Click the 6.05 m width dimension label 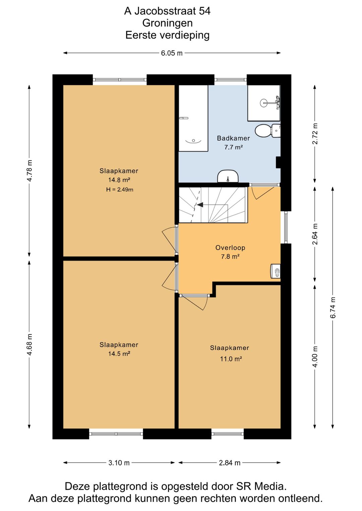click(x=172, y=53)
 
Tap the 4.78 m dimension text click(x=30, y=171)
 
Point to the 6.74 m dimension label click(x=333, y=307)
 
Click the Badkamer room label click(x=233, y=138)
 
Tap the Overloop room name click(x=230, y=247)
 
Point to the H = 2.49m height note click(x=120, y=189)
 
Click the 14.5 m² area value click(x=119, y=354)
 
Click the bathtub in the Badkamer click(x=193, y=118)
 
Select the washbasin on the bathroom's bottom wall click(x=228, y=176)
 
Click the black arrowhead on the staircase click(x=200, y=205)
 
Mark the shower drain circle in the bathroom click(x=263, y=103)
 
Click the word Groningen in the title click(x=167, y=23)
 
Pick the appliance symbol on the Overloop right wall click(x=276, y=271)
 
